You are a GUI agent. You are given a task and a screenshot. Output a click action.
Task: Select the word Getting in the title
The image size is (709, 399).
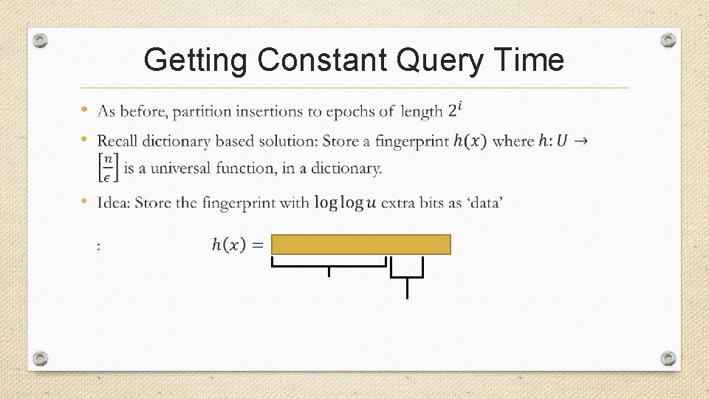(195, 60)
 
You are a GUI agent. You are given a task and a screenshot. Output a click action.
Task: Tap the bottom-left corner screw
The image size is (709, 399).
(41, 358)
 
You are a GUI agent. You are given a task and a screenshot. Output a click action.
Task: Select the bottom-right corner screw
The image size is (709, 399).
(668, 358)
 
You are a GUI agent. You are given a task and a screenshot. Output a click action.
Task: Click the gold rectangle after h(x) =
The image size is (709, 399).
(360, 245)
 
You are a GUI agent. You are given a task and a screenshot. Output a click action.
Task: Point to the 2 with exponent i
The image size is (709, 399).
(455, 111)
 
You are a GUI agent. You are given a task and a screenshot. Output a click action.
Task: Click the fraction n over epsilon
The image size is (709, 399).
(108, 168)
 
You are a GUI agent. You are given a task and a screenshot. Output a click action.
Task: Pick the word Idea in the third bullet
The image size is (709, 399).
(114, 202)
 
